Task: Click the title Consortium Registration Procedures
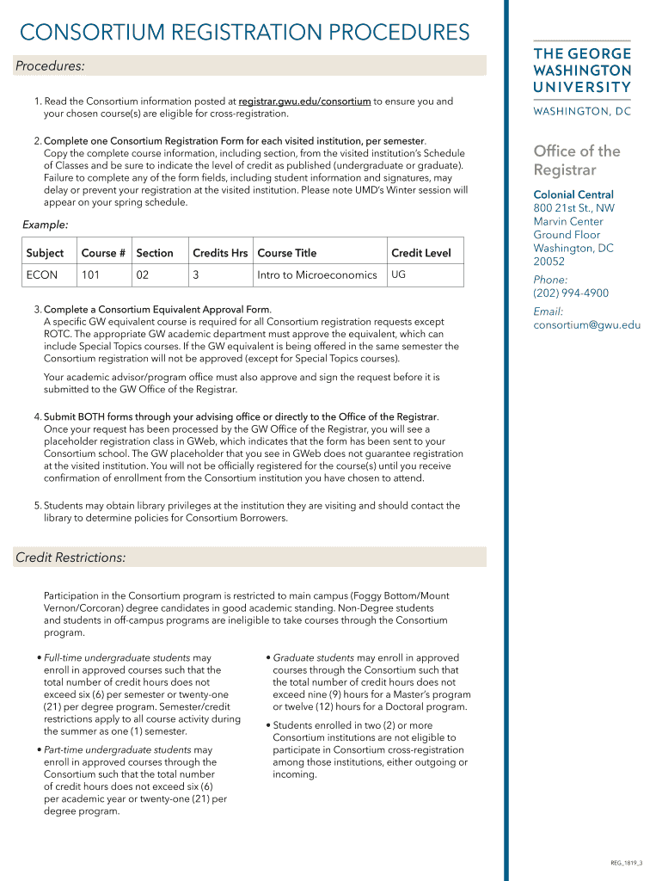245,33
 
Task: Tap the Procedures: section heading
50,66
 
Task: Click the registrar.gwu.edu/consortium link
304,102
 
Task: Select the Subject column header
45,253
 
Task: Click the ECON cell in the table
42,275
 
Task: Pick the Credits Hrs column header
220,253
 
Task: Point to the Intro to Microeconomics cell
316,275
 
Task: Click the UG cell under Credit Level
399,274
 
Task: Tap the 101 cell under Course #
90,275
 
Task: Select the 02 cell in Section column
143,275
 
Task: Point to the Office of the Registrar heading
576,160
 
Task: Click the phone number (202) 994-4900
571,293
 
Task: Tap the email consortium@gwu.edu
586,325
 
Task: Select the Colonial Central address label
573,195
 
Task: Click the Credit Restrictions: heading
70,558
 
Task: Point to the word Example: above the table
45,225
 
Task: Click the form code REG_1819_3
627,863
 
